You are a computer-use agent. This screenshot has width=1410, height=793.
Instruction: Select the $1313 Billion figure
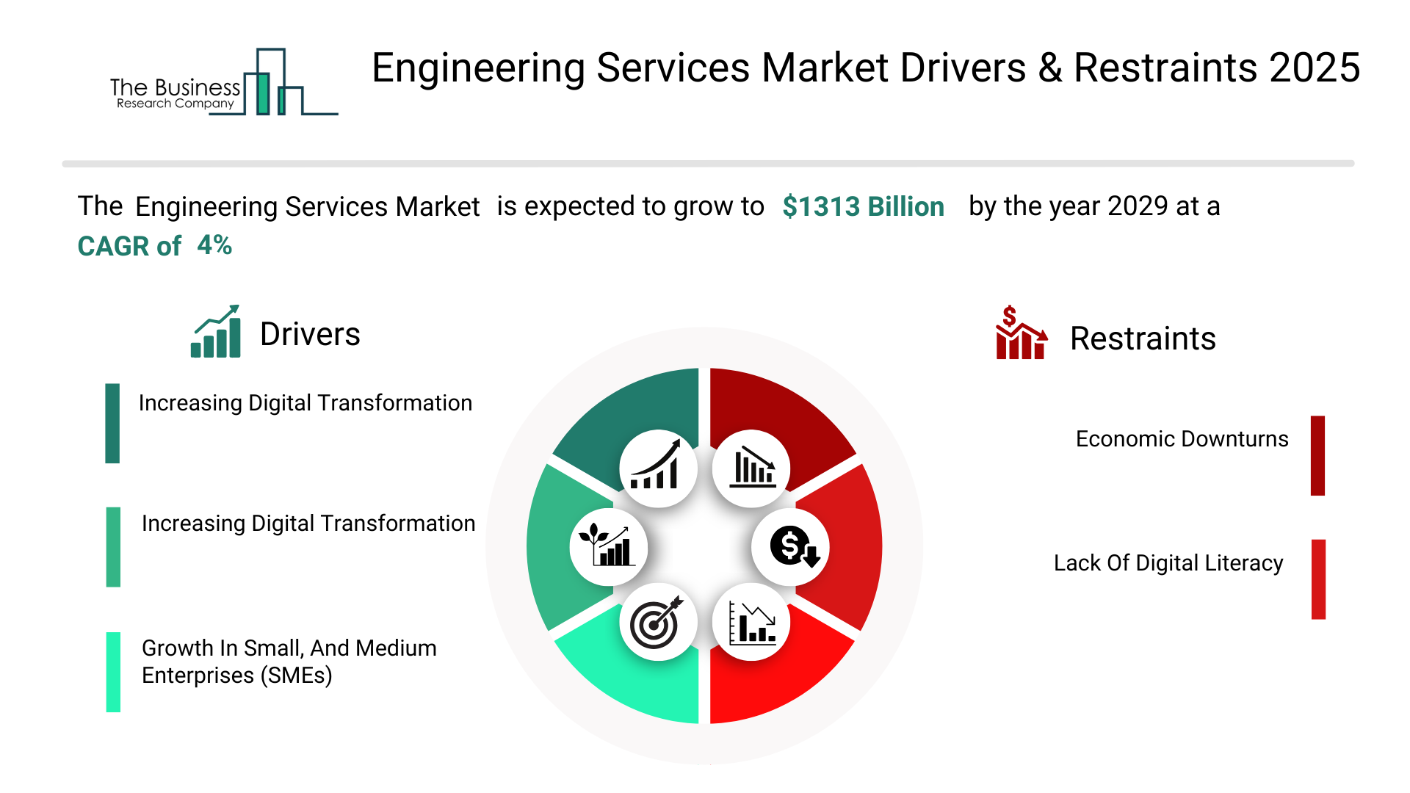(863, 207)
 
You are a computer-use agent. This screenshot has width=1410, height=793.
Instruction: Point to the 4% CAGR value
(214, 245)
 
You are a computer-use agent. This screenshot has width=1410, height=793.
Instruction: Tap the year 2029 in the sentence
(1138, 207)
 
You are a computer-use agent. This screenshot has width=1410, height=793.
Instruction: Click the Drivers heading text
(310, 335)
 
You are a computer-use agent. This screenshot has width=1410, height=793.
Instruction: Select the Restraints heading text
(1143, 339)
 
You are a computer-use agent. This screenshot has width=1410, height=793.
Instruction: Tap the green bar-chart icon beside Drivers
(216, 332)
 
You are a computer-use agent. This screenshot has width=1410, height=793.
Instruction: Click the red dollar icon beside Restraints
(1020, 333)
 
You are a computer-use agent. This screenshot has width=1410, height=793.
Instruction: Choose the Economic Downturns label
(1182, 439)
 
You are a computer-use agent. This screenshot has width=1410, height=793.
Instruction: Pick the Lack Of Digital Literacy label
(1168, 563)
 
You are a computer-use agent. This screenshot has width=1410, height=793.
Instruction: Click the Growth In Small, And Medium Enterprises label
(289, 662)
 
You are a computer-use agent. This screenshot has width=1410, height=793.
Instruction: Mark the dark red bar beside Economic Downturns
(1317, 455)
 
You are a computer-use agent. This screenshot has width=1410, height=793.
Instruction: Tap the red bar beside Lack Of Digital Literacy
(1318, 579)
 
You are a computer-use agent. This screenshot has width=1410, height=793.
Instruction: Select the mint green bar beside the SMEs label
(113, 672)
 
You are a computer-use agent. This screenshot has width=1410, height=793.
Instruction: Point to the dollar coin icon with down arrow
(791, 547)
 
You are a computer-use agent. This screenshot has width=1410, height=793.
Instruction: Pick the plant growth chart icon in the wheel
(608, 547)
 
